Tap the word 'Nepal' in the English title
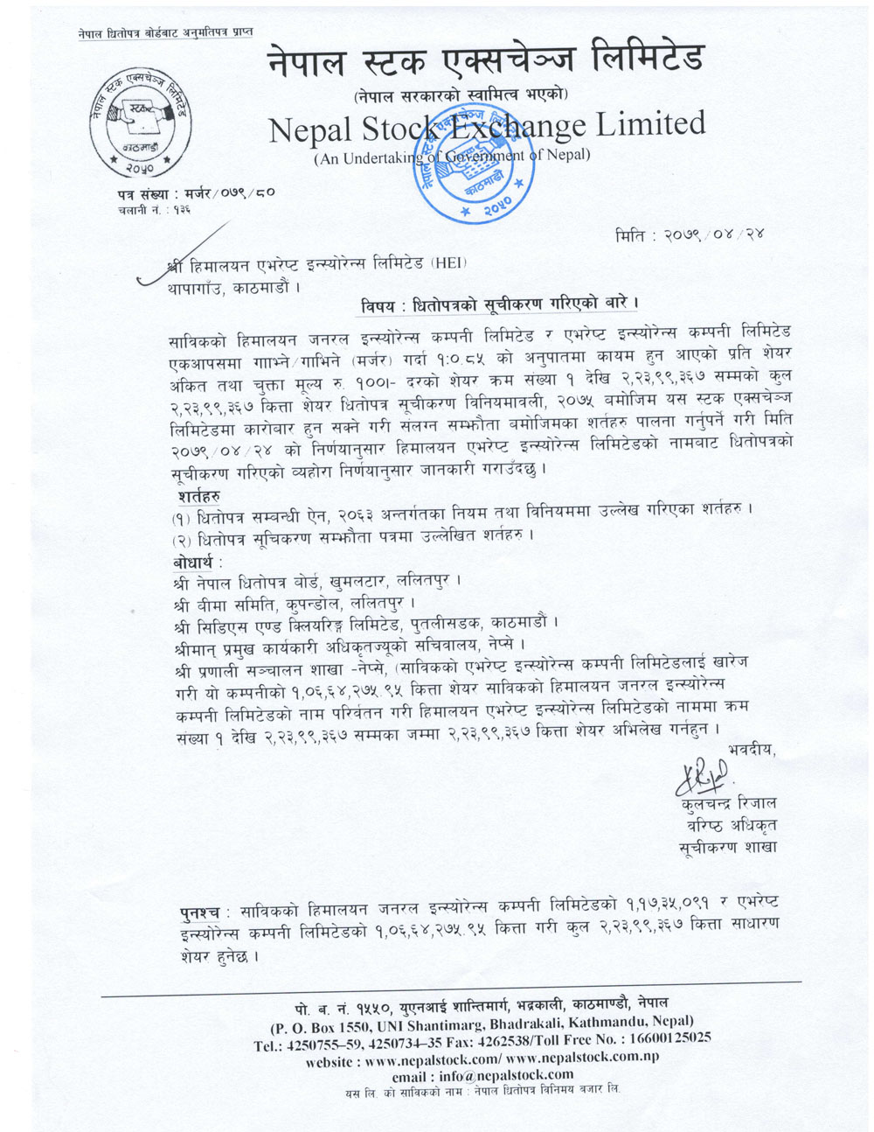(x=309, y=129)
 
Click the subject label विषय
(x=383, y=304)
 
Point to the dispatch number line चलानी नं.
(x=152, y=210)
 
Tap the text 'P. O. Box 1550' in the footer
(x=327, y=1021)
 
